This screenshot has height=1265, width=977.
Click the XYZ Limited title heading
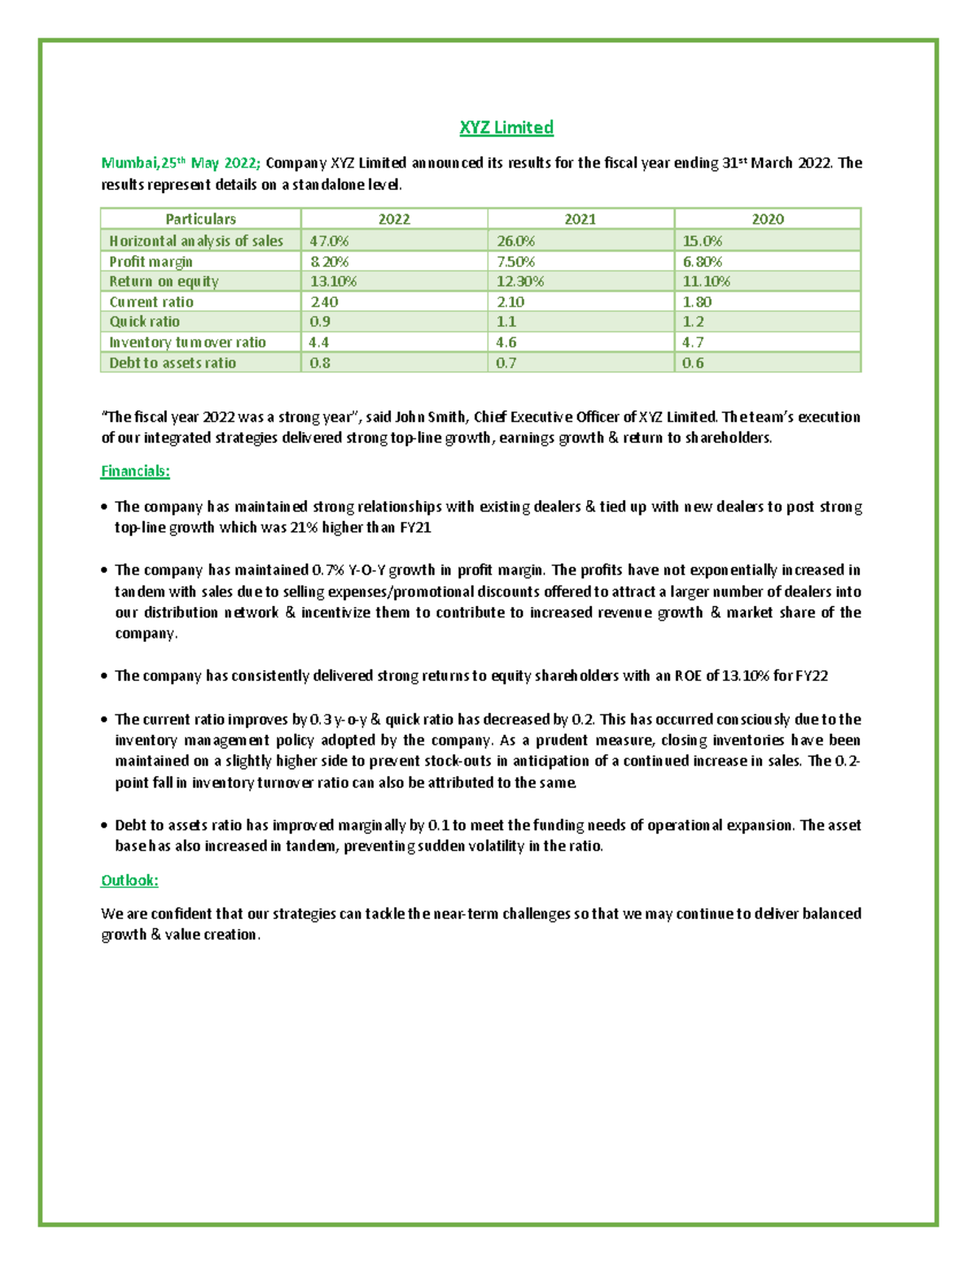(506, 127)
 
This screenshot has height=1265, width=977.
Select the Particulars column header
(200, 219)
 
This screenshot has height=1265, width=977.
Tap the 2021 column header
(580, 219)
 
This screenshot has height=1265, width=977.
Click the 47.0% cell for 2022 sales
(329, 241)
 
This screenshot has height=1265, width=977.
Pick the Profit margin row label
(151, 261)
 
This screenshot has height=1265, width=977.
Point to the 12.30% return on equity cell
(519, 281)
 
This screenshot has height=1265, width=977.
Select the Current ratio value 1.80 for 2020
(697, 301)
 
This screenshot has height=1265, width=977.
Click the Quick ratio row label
(144, 322)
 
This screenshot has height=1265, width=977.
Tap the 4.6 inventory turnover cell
(506, 342)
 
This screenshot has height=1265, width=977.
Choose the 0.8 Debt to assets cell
(320, 363)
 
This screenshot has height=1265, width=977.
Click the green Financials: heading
(135, 471)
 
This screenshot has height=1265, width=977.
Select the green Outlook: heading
(129, 881)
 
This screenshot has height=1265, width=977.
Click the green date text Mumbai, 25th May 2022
(180, 163)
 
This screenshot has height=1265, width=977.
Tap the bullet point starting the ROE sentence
(104, 676)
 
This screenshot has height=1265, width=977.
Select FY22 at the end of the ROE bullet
(812, 676)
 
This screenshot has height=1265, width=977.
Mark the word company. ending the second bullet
(146, 634)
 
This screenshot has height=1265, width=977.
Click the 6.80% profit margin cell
(702, 261)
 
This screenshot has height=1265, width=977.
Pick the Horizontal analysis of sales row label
(196, 241)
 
